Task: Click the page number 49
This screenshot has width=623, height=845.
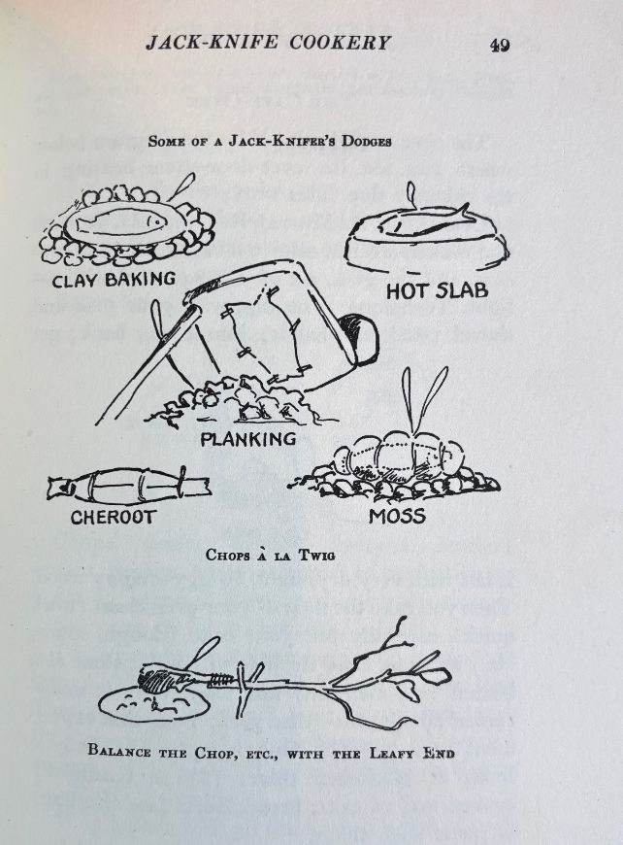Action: (500, 45)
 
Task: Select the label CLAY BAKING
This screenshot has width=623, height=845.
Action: (114, 280)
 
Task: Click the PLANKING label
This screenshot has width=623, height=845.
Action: (247, 439)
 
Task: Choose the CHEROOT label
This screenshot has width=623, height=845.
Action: (112, 518)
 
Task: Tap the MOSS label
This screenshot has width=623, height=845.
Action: (397, 516)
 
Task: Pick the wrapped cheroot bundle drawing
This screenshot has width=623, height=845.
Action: (128, 483)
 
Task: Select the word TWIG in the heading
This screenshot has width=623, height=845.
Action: (317, 556)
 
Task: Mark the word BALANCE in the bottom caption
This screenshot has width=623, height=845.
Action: (126, 752)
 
